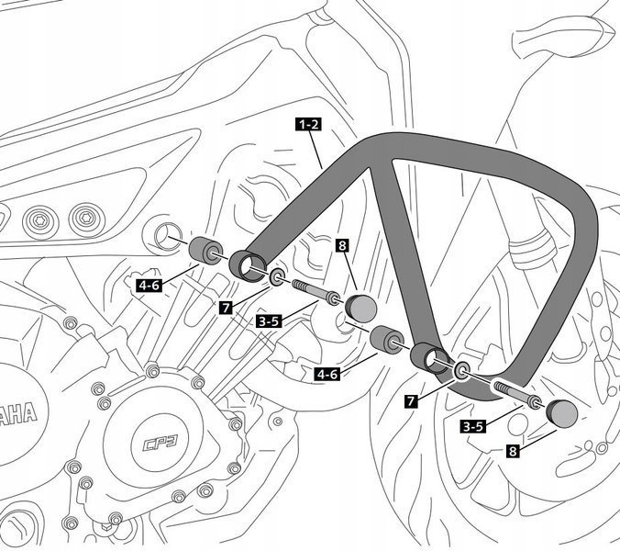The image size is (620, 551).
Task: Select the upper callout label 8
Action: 341,246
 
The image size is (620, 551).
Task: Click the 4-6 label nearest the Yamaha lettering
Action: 149,286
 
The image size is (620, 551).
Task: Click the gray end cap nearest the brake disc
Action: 559,413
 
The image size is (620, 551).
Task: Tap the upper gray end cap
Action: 360,306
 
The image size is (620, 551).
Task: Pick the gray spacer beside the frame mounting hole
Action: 204,251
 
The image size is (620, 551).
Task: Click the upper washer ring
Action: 277,275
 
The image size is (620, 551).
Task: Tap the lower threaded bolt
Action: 514,395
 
